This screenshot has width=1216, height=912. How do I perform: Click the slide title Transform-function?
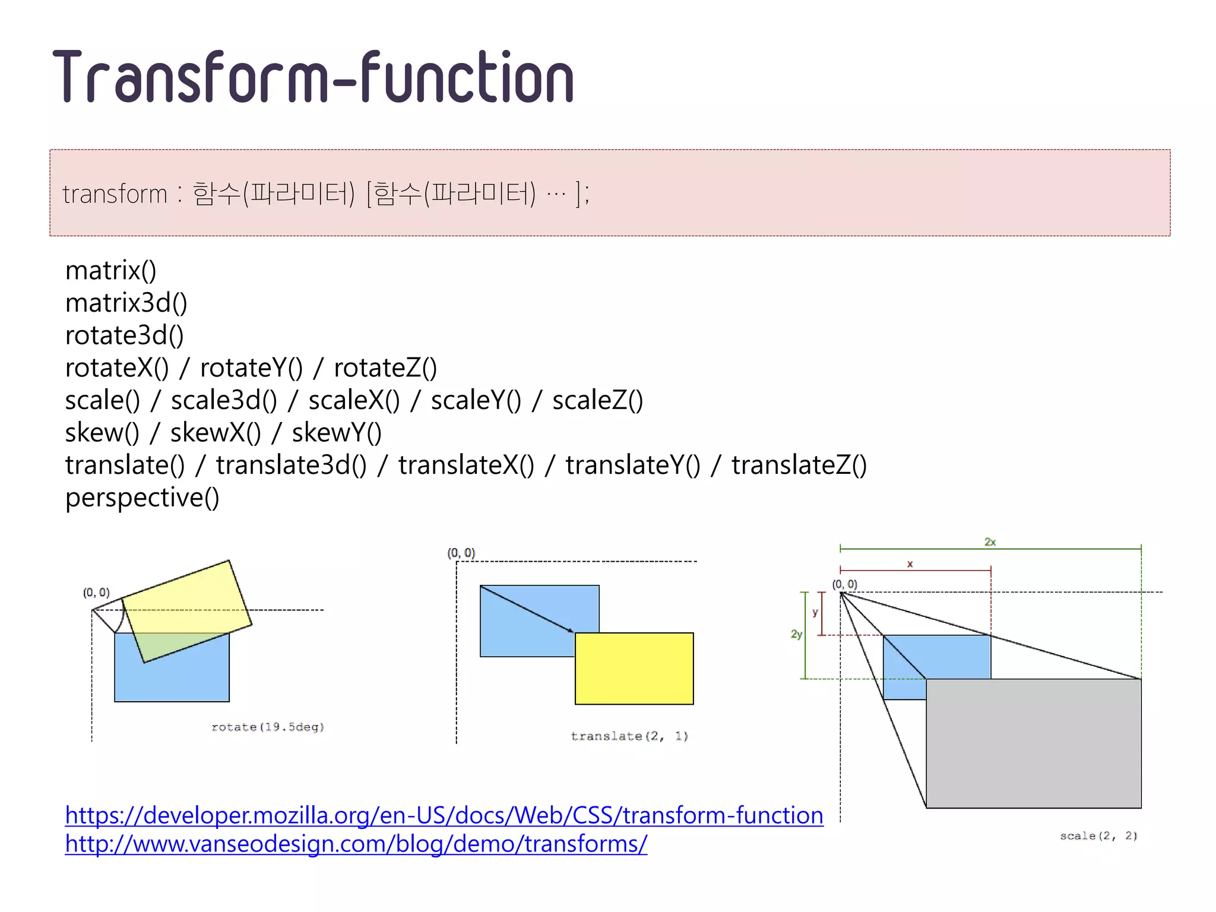coord(313,78)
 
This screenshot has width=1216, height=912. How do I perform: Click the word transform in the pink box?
coord(115,194)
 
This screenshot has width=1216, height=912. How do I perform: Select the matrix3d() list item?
coord(126,303)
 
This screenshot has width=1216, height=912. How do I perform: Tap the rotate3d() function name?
coord(124,335)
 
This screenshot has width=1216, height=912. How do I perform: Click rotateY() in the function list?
coord(251,368)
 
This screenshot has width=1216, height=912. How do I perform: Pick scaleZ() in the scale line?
coord(597,400)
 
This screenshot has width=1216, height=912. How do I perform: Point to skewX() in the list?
coord(216,433)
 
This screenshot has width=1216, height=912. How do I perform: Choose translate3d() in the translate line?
coord(291,465)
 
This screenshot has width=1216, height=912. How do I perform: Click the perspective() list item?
coord(142,498)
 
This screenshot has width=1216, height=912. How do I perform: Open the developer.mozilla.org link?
coord(444,815)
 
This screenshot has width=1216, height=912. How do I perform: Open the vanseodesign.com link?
coord(356,844)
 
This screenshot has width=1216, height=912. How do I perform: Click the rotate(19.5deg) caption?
coord(268,727)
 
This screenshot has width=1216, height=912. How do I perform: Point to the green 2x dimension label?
coord(990,541)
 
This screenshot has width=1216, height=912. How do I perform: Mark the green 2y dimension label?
coord(796,634)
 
